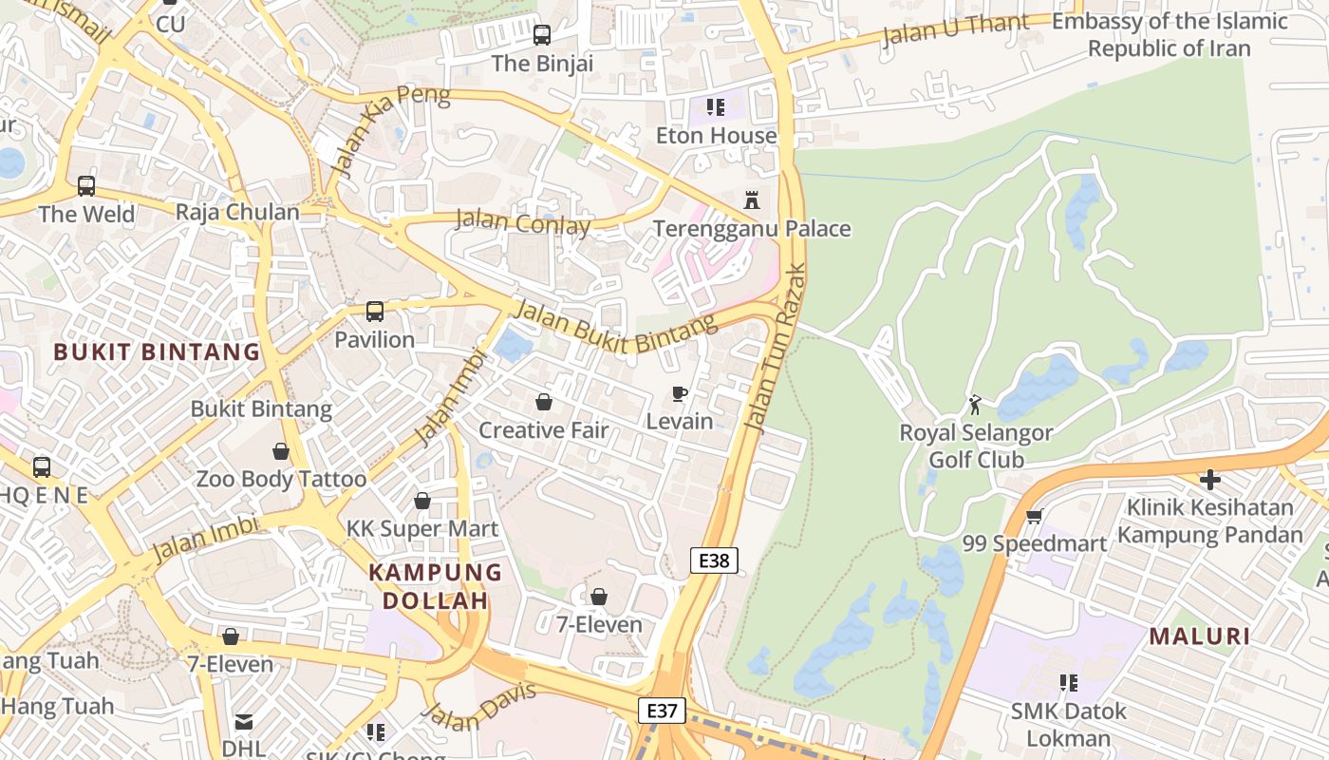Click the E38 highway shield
[714, 560]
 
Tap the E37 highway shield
[661, 711]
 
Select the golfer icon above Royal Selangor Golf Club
[975, 406]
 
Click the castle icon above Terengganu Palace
[752, 200]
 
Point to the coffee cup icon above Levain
[680, 393]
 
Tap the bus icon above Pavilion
[375, 311]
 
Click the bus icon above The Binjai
[542, 35]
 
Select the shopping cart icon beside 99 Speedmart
[1034, 516]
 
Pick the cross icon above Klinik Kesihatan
[1210, 479]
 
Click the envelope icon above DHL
[244, 722]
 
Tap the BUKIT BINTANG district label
[157, 351]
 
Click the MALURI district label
[1200, 636]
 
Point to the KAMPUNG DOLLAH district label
[435, 586]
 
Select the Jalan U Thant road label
[955, 29]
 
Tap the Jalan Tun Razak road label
[776, 348]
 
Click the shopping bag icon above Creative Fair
[544, 402]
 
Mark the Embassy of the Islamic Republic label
[1170, 34]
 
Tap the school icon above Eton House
[716, 107]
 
